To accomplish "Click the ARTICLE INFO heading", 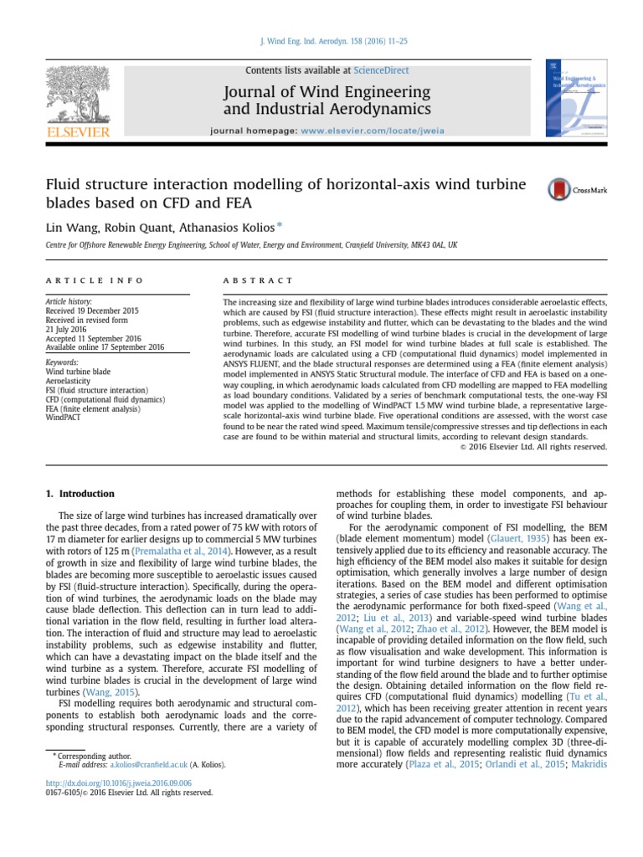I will point(95,280).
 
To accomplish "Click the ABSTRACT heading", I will point(258,280).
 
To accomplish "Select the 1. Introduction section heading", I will point(80,494).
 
